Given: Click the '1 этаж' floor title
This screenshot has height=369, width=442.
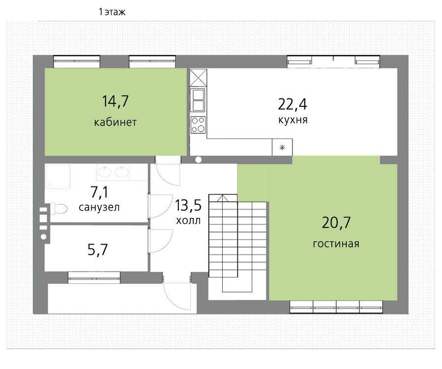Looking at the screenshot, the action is pyautogui.click(x=112, y=12).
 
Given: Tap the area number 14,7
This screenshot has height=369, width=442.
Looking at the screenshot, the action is pyautogui.click(x=115, y=101).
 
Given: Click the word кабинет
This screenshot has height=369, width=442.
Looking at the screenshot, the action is pyautogui.click(x=115, y=122).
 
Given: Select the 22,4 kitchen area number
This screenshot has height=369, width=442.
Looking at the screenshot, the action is pyautogui.click(x=293, y=104).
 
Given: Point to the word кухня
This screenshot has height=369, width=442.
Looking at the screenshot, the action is pyautogui.click(x=293, y=120).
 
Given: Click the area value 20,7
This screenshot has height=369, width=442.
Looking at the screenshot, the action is pyautogui.click(x=336, y=222).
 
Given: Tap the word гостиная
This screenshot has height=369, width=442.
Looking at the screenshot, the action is pyautogui.click(x=336, y=244).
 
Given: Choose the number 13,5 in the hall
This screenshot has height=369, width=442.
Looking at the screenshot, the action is pyautogui.click(x=188, y=205).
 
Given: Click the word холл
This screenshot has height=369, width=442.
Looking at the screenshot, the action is pyautogui.click(x=188, y=220).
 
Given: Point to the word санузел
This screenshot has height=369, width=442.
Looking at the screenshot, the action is pyautogui.click(x=99, y=207).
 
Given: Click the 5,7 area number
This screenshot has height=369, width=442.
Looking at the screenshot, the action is pyautogui.click(x=98, y=249).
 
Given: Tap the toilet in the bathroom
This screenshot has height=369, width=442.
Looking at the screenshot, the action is pyautogui.click(x=59, y=209).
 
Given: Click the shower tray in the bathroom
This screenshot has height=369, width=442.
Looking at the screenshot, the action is pyautogui.click(x=58, y=176).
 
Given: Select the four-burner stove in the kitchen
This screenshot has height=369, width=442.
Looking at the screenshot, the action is pyautogui.click(x=198, y=125).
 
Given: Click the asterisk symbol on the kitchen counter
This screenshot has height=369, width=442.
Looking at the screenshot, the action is pyautogui.click(x=282, y=147).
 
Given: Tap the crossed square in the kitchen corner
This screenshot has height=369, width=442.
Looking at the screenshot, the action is pyautogui.click(x=198, y=78).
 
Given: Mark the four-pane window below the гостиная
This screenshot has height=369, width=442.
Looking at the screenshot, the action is pyautogui.click(x=336, y=307).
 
